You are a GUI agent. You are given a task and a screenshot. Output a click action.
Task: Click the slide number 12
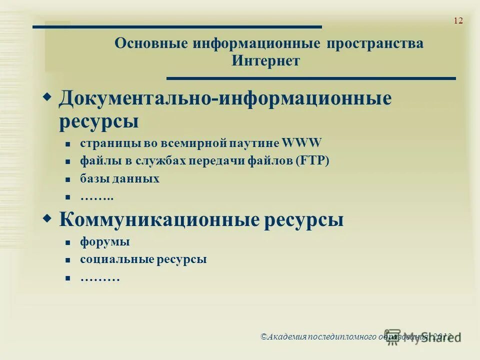coord(458,20)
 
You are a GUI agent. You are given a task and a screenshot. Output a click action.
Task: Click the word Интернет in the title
coord(265,61)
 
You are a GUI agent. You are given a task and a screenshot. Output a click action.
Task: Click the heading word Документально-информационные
coord(224,98)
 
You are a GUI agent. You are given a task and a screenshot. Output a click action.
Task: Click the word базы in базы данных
coord(93,179)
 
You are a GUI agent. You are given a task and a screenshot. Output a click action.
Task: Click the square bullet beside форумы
coord(68,242)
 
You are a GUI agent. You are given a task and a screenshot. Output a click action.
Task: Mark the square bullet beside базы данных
coord(68,179)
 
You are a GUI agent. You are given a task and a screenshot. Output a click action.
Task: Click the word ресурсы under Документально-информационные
coord(98,121)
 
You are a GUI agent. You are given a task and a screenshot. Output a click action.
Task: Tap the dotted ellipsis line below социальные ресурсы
coord(99,278)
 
